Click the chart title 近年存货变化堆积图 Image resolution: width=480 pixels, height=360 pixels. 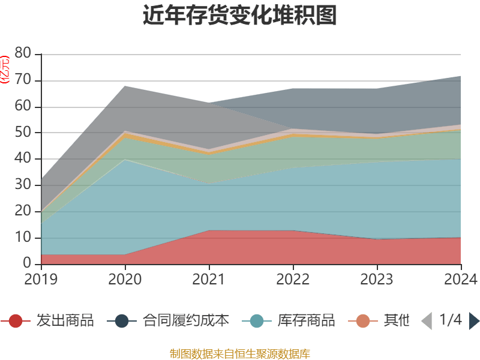pyautogui.click(x=239, y=16)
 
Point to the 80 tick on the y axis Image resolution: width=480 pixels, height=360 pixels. pyautogui.click(x=23, y=53)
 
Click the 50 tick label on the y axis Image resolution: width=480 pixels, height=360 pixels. pyautogui.click(x=23, y=133)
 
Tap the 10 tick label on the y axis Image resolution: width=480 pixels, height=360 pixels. pyautogui.click(x=23, y=238)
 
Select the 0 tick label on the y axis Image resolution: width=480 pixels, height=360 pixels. pyautogui.click(x=27, y=263)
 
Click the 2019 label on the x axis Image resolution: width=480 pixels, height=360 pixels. pyautogui.click(x=41, y=279)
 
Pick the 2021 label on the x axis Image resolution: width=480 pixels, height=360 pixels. pyautogui.click(x=209, y=279)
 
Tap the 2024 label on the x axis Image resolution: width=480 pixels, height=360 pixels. pyautogui.click(x=461, y=279)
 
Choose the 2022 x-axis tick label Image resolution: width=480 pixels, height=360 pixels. pyautogui.click(x=293, y=279)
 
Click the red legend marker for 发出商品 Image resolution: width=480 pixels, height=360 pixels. pyautogui.click(x=16, y=321)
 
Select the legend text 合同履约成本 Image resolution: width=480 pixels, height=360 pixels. pyautogui.click(x=186, y=321)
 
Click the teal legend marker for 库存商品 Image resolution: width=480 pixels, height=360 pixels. pyautogui.click(x=257, y=321)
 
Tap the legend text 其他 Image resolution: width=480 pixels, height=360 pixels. pyautogui.click(x=397, y=321)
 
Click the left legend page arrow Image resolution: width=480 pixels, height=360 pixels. pyautogui.click(x=427, y=321)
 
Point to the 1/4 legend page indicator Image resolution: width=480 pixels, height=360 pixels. pyautogui.click(x=450, y=320)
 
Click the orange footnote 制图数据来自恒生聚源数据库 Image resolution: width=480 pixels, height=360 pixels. pyautogui.click(x=239, y=353)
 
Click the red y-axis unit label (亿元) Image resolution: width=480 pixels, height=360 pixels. pyautogui.click(x=5, y=69)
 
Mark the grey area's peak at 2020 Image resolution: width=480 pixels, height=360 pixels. pyautogui.click(x=125, y=86)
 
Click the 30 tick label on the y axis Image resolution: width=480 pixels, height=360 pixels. pyautogui.click(x=23, y=185)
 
